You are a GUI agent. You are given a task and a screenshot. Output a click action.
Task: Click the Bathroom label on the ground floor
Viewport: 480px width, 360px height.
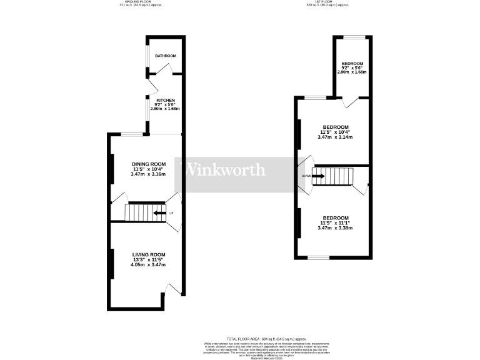pyautogui.click(x=166, y=56)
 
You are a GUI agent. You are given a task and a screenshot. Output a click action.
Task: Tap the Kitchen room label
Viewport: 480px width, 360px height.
pyautogui.click(x=165, y=101)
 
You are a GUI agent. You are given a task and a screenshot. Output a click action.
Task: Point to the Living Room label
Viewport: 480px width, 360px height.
pyautogui.click(x=149, y=254)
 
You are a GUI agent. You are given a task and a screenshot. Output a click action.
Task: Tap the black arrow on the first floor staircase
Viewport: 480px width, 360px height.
pyautogui.click(x=318, y=176)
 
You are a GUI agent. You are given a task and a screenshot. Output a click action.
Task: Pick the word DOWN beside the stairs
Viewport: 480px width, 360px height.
pyautogui.click(x=306, y=176)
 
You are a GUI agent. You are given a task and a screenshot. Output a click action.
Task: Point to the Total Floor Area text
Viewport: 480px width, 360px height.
pyautogui.click(x=241, y=338)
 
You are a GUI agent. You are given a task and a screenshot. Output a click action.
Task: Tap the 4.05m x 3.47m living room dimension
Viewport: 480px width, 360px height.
pyautogui.click(x=149, y=264)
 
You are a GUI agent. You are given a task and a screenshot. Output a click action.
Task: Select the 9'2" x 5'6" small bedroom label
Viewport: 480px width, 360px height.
pyautogui.click(x=352, y=67)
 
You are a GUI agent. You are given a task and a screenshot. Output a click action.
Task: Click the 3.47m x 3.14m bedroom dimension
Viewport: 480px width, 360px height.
pyautogui.click(x=335, y=137)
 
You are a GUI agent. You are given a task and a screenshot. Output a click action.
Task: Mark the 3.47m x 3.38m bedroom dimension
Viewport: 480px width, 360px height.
pyautogui.click(x=335, y=228)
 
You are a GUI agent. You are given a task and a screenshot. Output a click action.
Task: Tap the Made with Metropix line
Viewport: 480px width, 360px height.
pyautogui.click(x=241, y=358)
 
